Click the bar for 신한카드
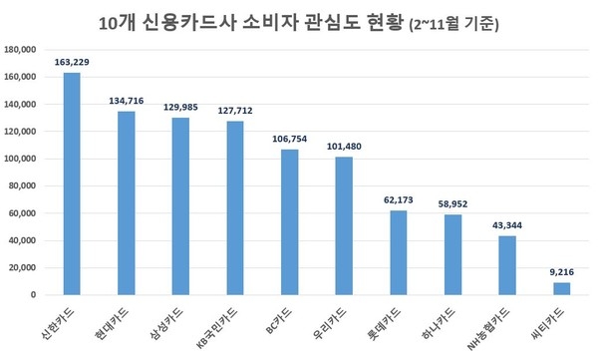tap(72, 184)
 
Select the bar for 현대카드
tap(127, 203)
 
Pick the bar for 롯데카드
tap(398, 253)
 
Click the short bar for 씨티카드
tap(561, 289)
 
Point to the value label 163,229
tap(72, 63)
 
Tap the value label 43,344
tap(506, 226)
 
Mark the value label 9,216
tap(561, 273)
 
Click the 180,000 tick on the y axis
tap(21, 49)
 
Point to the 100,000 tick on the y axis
tap(21, 159)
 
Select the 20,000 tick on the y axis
tap(23, 268)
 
